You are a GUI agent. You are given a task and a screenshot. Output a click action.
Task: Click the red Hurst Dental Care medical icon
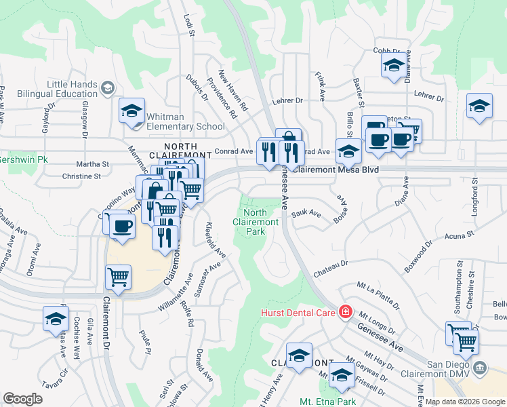click(345, 312)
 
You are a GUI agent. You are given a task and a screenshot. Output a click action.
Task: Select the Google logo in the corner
click(22, 399)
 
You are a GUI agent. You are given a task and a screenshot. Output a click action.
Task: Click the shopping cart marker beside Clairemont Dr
click(119, 277)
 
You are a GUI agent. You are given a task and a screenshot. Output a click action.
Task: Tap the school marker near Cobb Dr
click(394, 66)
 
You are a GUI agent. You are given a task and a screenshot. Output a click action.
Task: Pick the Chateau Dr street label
click(330, 268)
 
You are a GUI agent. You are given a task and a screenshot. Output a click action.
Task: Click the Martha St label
click(92, 164)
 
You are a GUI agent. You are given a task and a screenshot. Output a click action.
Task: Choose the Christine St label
click(81, 176)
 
